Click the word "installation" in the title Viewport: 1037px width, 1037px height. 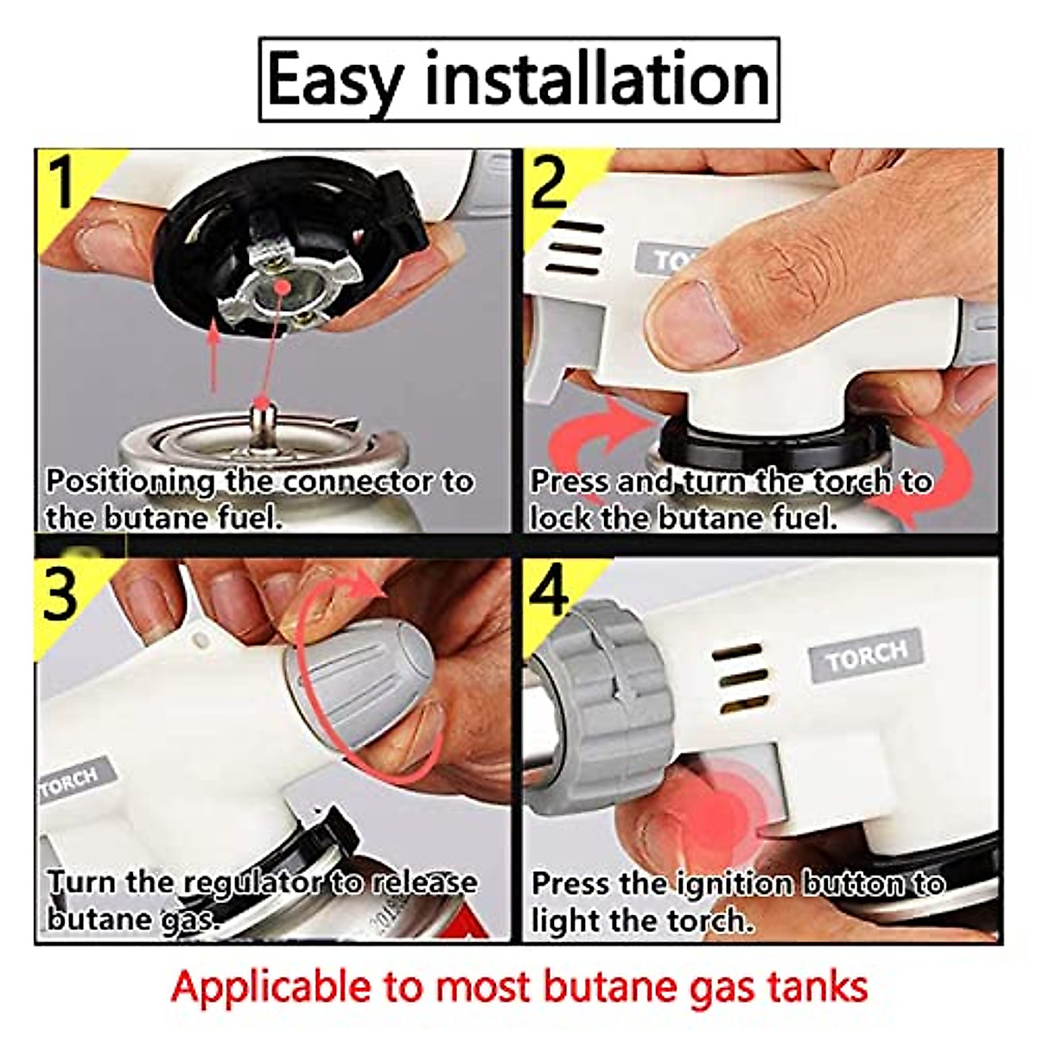click(x=597, y=80)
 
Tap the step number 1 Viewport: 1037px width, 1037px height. click(x=61, y=183)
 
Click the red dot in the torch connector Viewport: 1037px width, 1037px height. click(x=280, y=285)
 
